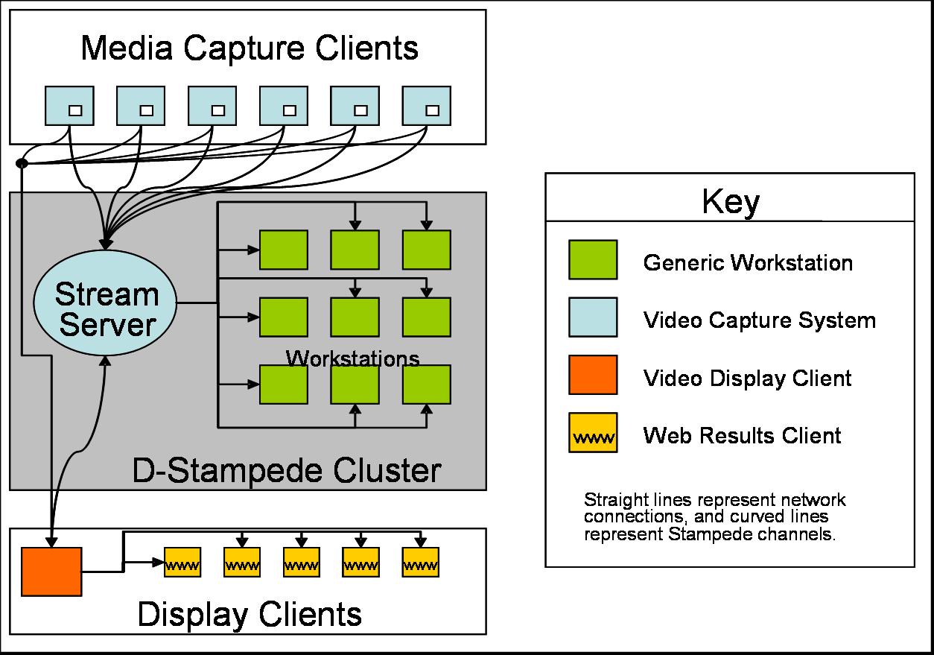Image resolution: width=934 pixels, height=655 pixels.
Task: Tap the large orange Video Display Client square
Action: tap(51, 572)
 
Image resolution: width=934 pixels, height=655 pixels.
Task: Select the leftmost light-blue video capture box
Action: tap(69, 106)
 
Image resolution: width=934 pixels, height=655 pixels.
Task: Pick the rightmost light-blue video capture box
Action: tap(426, 106)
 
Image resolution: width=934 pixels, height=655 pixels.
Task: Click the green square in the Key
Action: tap(592, 260)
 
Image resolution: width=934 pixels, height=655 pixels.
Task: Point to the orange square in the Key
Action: tap(592, 375)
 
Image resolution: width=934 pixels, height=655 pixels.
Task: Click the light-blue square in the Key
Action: tap(592, 317)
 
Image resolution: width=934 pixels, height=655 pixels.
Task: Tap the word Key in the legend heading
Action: tap(730, 202)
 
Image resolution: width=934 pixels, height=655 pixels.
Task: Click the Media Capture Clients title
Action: tap(249, 48)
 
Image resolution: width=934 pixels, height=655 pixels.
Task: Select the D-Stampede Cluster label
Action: tap(286, 471)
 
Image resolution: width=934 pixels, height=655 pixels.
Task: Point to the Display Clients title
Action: tap(250, 615)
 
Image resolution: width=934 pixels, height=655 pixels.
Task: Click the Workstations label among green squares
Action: tap(352, 358)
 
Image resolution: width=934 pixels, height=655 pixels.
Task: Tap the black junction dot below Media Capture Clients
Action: tap(22, 163)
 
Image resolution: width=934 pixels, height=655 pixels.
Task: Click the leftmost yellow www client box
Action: tap(182, 563)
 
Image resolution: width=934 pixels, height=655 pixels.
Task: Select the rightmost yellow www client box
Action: tap(420, 563)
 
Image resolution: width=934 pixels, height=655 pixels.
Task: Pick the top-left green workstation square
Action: tap(283, 250)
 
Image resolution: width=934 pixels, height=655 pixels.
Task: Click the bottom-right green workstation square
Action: tap(426, 385)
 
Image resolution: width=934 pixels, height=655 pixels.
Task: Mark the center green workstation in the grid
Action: tap(355, 317)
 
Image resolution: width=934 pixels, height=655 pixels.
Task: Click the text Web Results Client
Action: tap(742, 435)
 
